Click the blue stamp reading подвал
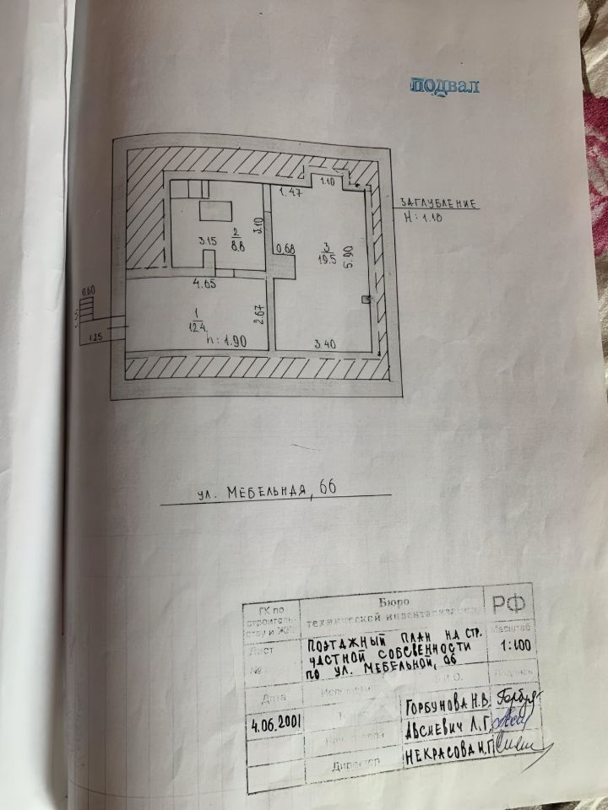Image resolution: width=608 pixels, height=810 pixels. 445,85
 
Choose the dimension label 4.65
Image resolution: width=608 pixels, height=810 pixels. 205,284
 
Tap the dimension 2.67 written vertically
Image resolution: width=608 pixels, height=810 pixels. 262,313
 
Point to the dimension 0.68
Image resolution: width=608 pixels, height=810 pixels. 285,248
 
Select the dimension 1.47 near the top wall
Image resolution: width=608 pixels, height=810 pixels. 292,193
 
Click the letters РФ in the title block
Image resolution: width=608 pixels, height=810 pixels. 508,603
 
